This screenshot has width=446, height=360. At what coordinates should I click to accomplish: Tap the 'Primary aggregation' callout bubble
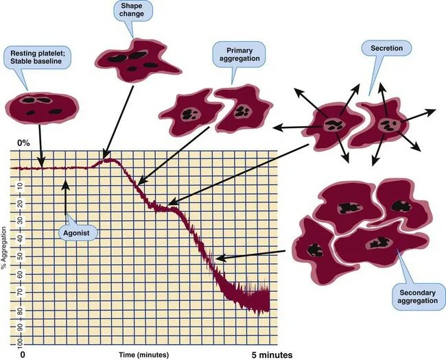(x=239, y=54)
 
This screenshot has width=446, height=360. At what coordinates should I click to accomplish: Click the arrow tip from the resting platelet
(x=42, y=165)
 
